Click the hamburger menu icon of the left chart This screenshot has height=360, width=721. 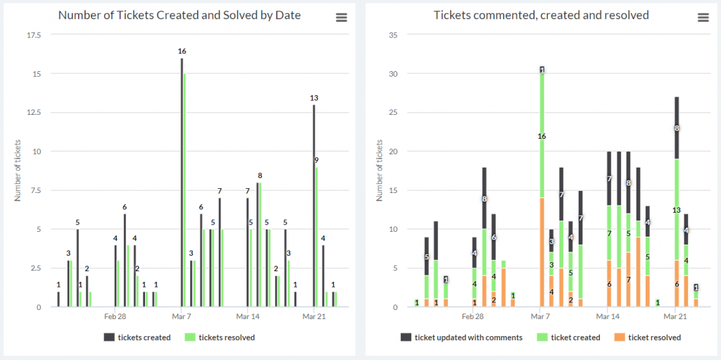(x=341, y=18)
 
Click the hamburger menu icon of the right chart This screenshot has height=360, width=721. (x=703, y=18)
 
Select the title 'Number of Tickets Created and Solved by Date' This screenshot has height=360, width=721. (x=180, y=15)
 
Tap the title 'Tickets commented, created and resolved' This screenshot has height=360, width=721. (x=541, y=15)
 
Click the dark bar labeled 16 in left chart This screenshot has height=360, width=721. (x=182, y=182)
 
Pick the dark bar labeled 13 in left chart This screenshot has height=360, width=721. (x=314, y=206)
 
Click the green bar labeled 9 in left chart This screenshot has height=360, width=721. (x=317, y=237)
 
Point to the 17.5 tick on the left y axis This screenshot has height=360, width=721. (x=35, y=35)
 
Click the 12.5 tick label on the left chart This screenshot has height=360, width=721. (x=35, y=112)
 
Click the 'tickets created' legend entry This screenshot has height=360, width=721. (x=137, y=337)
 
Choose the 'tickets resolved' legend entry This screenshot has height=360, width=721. (x=220, y=337)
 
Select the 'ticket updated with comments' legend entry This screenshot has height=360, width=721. (x=462, y=337)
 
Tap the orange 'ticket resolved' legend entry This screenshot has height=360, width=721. (x=648, y=337)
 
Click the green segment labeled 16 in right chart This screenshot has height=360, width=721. (x=542, y=136)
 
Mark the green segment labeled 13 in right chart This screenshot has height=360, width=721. (x=677, y=209)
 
